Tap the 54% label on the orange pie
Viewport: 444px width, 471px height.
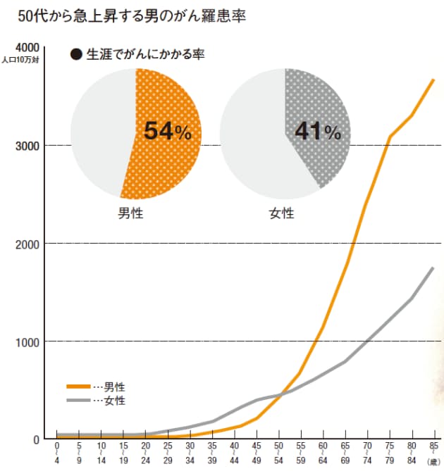pos(167,130)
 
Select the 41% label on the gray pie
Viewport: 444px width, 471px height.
pos(317,130)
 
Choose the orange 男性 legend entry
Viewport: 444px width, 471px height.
pos(95,387)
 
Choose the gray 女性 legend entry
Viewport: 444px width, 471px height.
pos(95,401)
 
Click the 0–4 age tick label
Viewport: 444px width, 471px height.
pos(56,453)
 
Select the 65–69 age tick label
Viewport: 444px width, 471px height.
pos(344,453)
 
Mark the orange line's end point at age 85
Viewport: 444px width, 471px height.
pos(433,80)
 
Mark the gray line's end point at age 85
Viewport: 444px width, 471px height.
pos(433,268)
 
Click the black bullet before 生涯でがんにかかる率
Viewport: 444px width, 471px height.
pos(75,55)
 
